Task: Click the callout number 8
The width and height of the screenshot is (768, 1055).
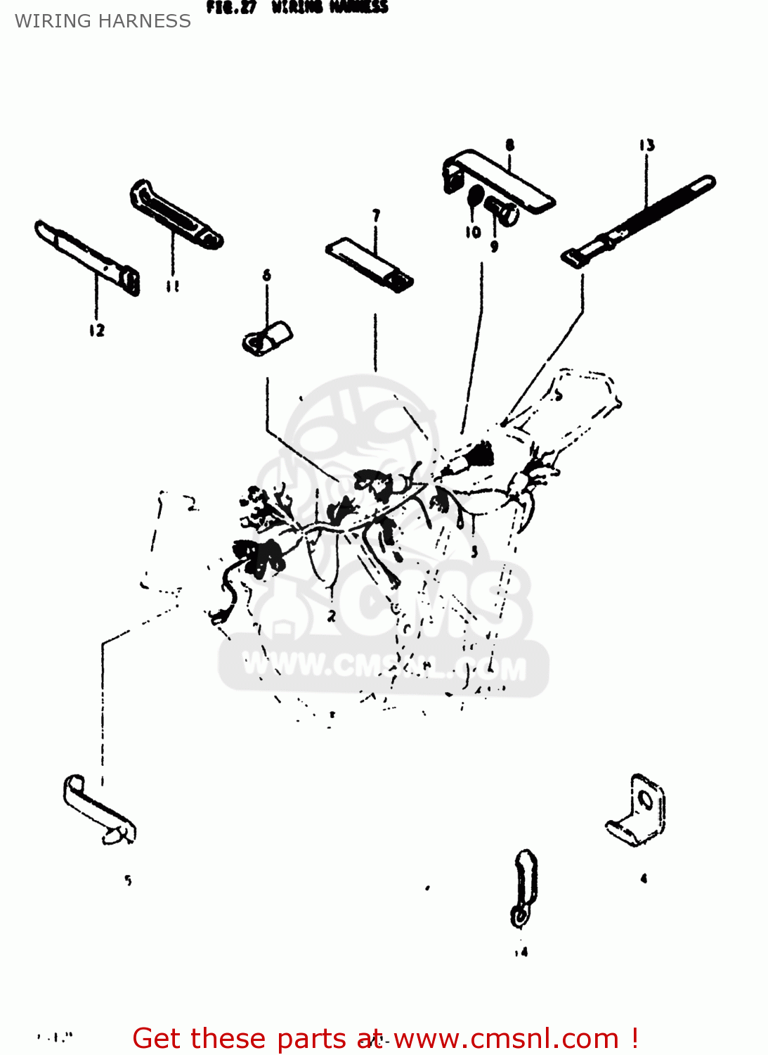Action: pyautogui.click(x=509, y=145)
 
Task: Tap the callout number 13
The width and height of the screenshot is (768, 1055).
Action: pyautogui.click(x=646, y=146)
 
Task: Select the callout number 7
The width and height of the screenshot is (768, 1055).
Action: pyautogui.click(x=376, y=215)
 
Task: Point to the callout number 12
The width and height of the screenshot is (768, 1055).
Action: pyautogui.click(x=97, y=330)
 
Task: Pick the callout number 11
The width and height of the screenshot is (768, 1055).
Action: pyautogui.click(x=172, y=286)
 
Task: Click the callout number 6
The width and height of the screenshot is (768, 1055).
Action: pyautogui.click(x=266, y=275)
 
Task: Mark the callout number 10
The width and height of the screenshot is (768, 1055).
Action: pyautogui.click(x=473, y=232)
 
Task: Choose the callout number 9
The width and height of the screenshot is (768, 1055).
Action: pyautogui.click(x=494, y=246)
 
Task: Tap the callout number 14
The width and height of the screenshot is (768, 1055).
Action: pyautogui.click(x=521, y=952)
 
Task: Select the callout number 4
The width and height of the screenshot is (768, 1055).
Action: pyautogui.click(x=644, y=878)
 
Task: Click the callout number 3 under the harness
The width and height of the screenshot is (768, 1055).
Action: pyautogui.click(x=474, y=552)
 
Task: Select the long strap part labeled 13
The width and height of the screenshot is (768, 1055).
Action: pyautogui.click(x=639, y=218)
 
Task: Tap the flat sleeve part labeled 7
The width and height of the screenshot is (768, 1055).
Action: pyautogui.click(x=369, y=264)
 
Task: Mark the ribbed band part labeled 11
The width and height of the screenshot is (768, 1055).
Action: pyautogui.click(x=176, y=214)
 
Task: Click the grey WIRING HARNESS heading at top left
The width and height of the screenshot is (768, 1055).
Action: pyautogui.click(x=103, y=21)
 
